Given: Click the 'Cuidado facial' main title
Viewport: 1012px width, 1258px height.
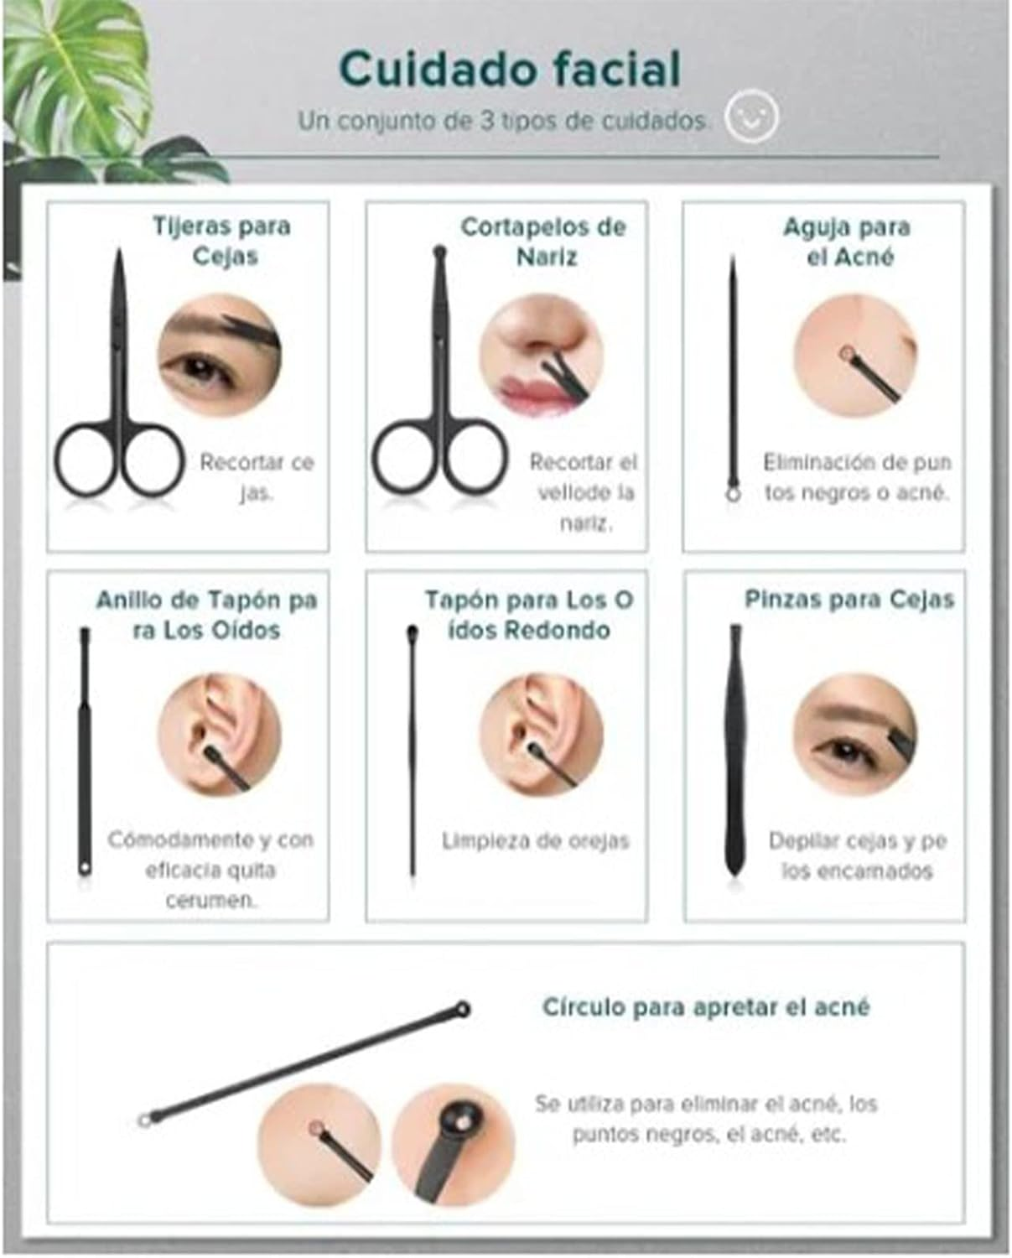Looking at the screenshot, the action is pos(510,70).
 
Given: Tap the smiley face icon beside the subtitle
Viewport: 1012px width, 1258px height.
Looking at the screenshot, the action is pos(751,116).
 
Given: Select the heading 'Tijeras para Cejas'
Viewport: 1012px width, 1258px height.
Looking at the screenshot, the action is pos(222,241).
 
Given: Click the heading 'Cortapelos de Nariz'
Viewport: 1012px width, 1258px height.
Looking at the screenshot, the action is pos(543,242).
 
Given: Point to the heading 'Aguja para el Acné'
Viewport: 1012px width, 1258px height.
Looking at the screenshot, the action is pos(848,242).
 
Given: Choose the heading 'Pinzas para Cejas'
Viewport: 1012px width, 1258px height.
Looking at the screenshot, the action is pos(849,599).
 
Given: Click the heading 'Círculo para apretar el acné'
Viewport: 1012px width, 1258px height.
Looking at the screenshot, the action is pos(706,1006).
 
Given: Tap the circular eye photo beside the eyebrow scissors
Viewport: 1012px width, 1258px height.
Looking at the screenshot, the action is pos(219,355).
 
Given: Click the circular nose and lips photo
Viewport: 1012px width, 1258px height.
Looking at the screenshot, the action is pos(541,355).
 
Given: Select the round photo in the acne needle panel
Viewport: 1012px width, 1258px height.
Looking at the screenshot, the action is pos(855,355).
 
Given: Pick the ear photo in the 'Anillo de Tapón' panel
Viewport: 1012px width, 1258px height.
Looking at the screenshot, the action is pos(219,736).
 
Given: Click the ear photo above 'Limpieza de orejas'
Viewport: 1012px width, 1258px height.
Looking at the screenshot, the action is pos(541,736).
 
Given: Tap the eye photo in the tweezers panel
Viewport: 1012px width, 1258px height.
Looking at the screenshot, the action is pos(855,736).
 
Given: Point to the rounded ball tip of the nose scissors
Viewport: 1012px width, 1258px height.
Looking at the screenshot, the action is pos(439,252).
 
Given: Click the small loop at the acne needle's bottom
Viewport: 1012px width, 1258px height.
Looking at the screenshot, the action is pos(733,495).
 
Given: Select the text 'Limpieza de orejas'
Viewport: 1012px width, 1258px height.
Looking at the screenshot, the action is pos(536,840).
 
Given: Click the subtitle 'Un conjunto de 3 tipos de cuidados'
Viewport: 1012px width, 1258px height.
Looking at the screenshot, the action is pos(504,121).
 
